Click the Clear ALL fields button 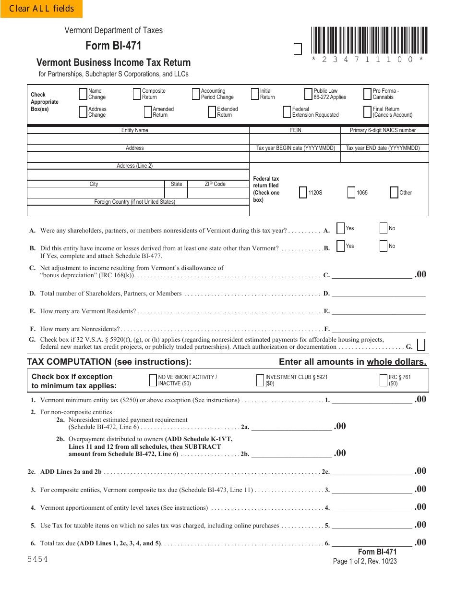pyautogui.click(x=41, y=9)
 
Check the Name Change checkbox pyautogui.click(x=83, y=94)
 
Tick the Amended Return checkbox pyautogui.click(x=148, y=112)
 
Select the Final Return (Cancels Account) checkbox pyautogui.click(x=368, y=112)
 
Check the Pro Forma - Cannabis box pyautogui.click(x=368, y=94)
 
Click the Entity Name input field pyautogui.click(x=138, y=139)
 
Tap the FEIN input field pyautogui.click(x=295, y=139)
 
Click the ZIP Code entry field pyautogui.click(x=218, y=193)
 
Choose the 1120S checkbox pyautogui.click(x=303, y=193)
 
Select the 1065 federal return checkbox pyautogui.click(x=351, y=193)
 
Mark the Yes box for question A pyautogui.click(x=340, y=228)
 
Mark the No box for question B pyautogui.click(x=384, y=246)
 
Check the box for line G pyautogui.click(x=421, y=345)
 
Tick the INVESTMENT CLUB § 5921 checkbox pyautogui.click(x=260, y=381)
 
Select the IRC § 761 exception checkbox pyautogui.click(x=384, y=381)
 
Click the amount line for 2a pyautogui.click(x=291, y=426)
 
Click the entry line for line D pyautogui.click(x=378, y=293)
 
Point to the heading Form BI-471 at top pyautogui.click(x=113, y=46)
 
